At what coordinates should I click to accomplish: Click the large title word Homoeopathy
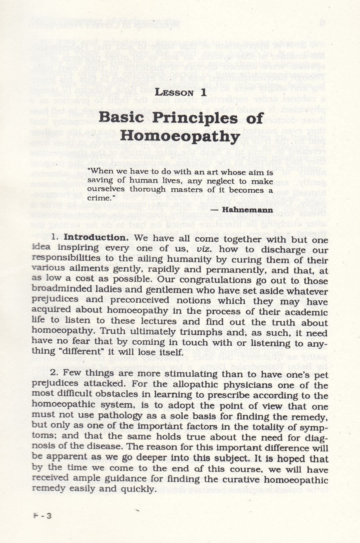tap(180, 136)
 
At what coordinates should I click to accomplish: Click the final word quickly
tap(139, 489)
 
